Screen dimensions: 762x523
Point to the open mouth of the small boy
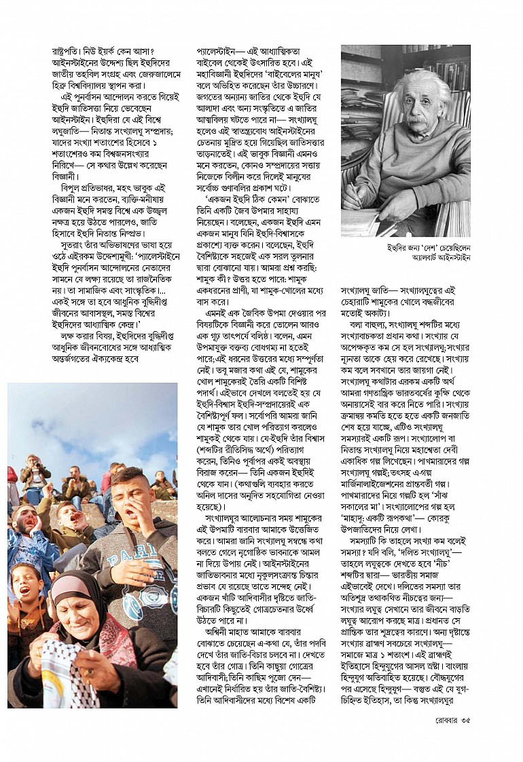tap(25, 591)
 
